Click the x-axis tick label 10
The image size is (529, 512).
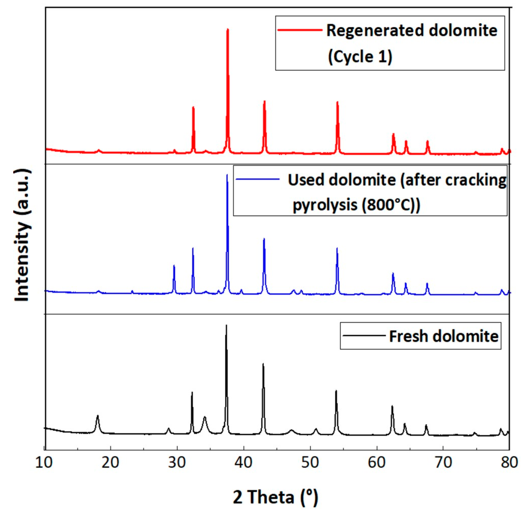pos(44,462)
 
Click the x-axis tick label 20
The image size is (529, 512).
pos(111,462)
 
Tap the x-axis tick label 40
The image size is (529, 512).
pos(244,462)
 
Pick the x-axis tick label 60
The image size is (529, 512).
pos(377,462)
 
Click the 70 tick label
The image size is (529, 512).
pos(443,462)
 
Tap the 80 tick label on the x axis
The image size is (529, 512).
pos(509,462)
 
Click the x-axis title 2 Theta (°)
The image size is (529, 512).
pos(276,496)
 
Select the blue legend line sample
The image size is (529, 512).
pos(258,179)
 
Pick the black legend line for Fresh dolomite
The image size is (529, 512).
pos(364,335)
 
